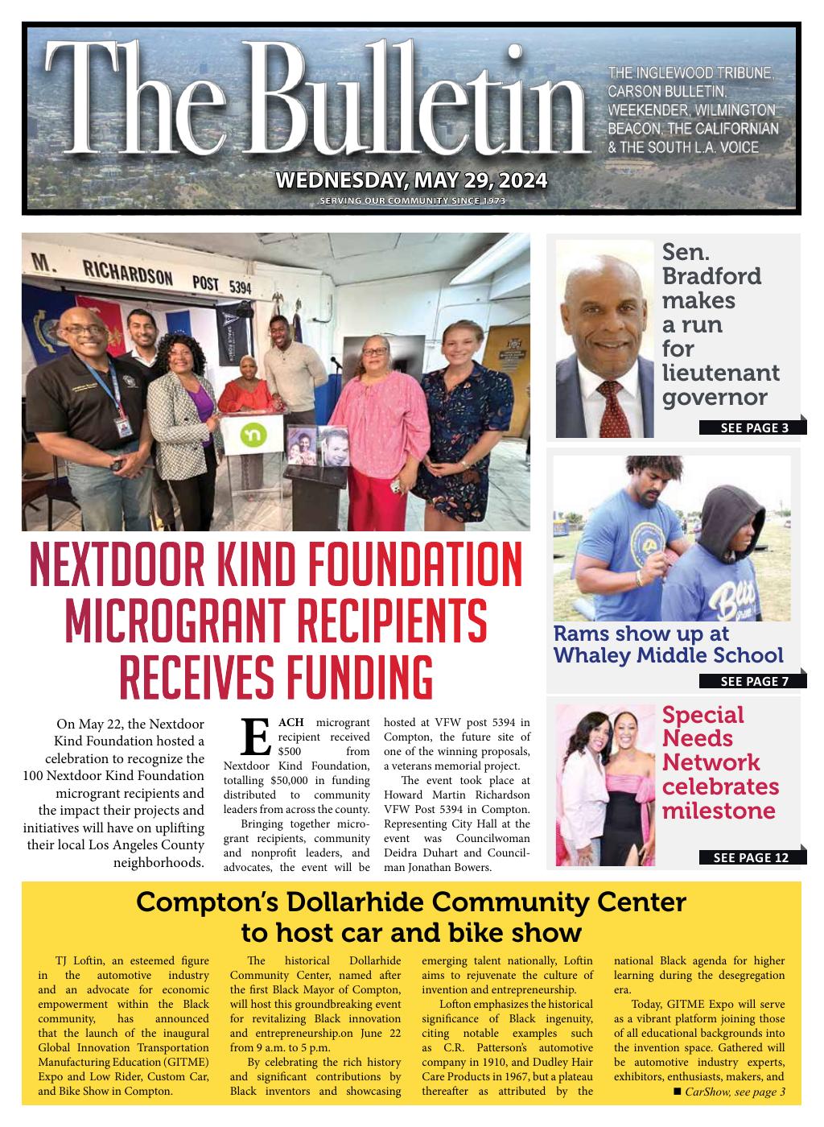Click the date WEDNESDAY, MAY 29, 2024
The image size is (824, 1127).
click(x=411, y=180)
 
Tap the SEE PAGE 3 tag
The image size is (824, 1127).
click(x=754, y=427)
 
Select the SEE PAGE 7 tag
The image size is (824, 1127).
click(x=754, y=681)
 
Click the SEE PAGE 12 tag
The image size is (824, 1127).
click(x=751, y=857)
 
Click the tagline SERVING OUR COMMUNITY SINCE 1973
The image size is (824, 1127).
click(x=412, y=200)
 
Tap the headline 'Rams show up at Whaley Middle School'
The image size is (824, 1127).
click(x=668, y=644)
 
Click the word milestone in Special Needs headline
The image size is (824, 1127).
click(x=718, y=811)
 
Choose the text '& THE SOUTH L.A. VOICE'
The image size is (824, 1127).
click(x=682, y=147)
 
